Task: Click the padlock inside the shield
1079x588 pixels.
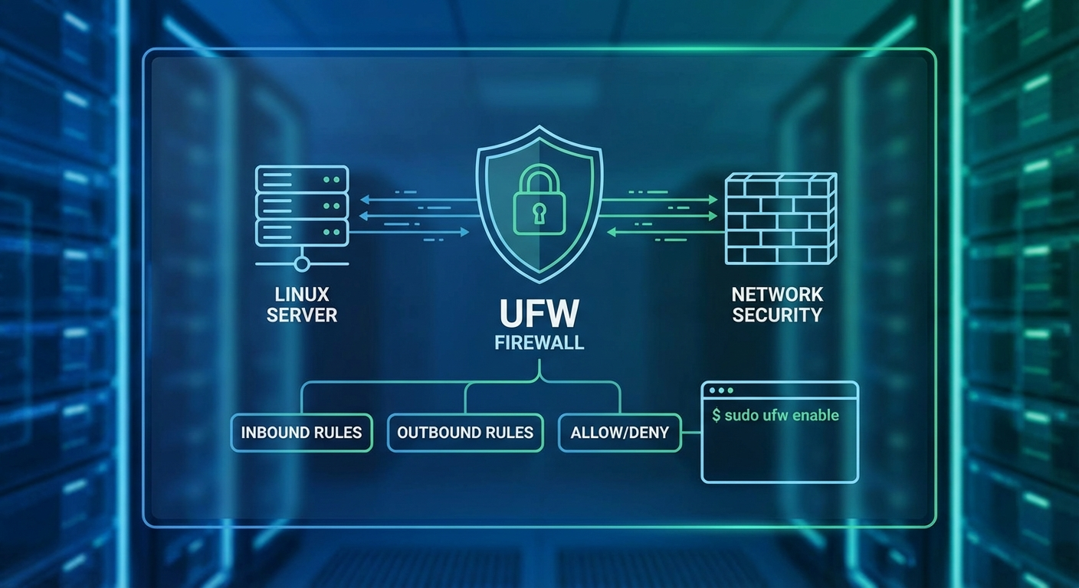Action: (539, 202)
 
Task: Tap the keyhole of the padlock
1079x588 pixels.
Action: (539, 211)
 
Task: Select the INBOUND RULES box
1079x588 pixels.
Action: (301, 433)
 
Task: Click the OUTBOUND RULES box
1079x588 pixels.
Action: (465, 433)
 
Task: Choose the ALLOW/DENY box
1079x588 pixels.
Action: (619, 433)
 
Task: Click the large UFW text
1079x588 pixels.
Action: (539, 314)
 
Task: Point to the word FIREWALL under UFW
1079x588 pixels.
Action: (539, 342)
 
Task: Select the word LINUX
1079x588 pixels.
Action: (302, 295)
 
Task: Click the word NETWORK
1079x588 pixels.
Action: (777, 295)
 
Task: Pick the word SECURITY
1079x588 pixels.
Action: (777, 315)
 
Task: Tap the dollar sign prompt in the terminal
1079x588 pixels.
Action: (717, 416)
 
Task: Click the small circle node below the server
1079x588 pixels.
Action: (302, 264)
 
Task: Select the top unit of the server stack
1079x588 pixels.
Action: (302, 179)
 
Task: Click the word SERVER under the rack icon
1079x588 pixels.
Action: (302, 315)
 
